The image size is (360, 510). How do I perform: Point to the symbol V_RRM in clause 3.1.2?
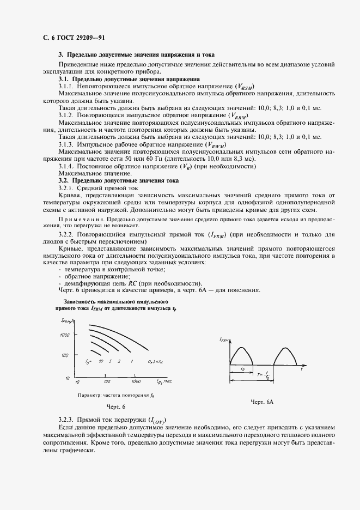238,116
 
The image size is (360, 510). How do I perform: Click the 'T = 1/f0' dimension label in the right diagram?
265,375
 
